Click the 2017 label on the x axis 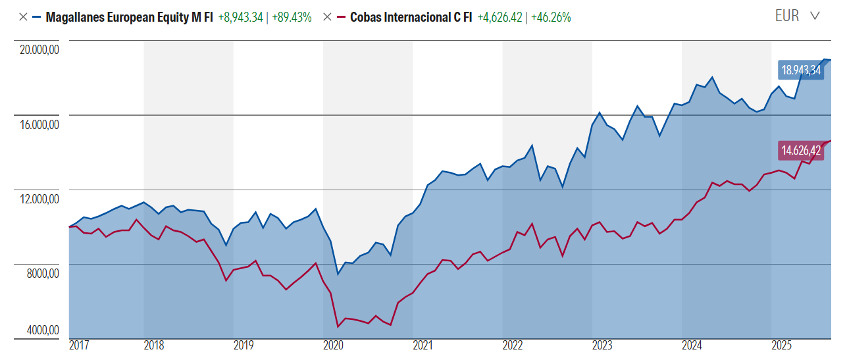79,346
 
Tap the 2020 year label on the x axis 333,346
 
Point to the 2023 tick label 602,346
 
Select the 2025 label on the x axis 781,346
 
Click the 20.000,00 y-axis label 38,49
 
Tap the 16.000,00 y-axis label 38,124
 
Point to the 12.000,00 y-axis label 38,198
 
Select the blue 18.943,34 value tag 801,70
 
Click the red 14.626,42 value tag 801,150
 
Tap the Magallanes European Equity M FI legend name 129,17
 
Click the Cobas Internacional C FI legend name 411,17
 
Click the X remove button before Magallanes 23,17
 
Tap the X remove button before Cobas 327,17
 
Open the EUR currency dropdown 797,16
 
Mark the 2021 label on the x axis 423,346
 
